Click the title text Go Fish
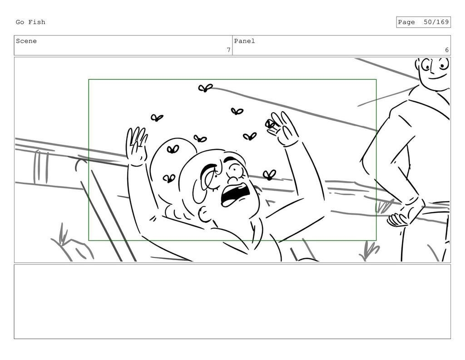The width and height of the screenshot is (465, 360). tap(30, 22)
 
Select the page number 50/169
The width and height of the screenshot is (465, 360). tap(436, 22)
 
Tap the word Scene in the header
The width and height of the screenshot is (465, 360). tap(26, 41)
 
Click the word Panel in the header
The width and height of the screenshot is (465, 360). tap(244, 41)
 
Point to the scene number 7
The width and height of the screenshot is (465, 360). tap(229, 50)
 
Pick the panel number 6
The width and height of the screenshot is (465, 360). tap(447, 50)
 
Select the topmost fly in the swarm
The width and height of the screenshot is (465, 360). tap(205, 88)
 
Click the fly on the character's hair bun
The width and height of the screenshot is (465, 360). tap(173, 149)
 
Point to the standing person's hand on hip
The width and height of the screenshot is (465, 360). tap(399, 219)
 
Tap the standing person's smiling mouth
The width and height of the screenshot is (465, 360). tap(437, 77)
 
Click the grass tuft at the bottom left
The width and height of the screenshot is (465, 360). tap(63, 234)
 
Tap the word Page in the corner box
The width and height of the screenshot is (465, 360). tap(406, 22)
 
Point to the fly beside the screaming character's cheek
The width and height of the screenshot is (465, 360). tap(269, 175)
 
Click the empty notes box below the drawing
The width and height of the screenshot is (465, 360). tap(232, 301)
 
